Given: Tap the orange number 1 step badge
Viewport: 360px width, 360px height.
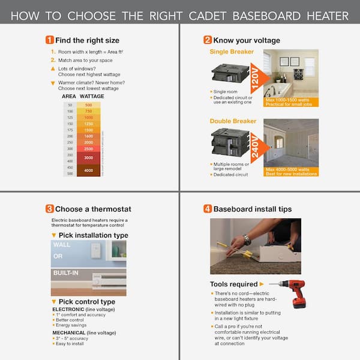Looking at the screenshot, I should [49, 40].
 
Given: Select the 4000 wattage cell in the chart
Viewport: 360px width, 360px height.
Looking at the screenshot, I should [88, 170].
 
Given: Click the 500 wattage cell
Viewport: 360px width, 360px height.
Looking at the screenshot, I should [88, 105].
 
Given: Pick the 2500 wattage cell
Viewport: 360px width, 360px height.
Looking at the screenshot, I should [88, 148].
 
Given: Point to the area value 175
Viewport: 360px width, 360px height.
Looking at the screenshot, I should [70, 130].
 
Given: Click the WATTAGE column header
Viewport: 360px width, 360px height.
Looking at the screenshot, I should [92, 96].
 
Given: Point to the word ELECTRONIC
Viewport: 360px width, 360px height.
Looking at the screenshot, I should [68, 308].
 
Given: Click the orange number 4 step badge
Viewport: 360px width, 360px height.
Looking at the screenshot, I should [208, 209].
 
